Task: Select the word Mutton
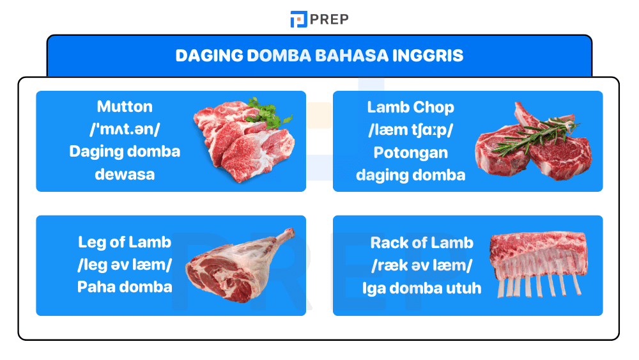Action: [125, 106]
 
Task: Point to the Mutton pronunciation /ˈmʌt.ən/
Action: [125, 129]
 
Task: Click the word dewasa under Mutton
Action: [125, 174]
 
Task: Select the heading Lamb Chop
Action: [410, 107]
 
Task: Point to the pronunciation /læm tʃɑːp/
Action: [410, 130]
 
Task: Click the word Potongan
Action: [410, 152]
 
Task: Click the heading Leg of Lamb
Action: [125, 242]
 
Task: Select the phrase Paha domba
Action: [125, 286]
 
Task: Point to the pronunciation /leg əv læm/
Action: [125, 265]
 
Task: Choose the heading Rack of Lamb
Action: [422, 243]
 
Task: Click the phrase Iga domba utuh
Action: [422, 288]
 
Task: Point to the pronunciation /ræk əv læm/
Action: [422, 265]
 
